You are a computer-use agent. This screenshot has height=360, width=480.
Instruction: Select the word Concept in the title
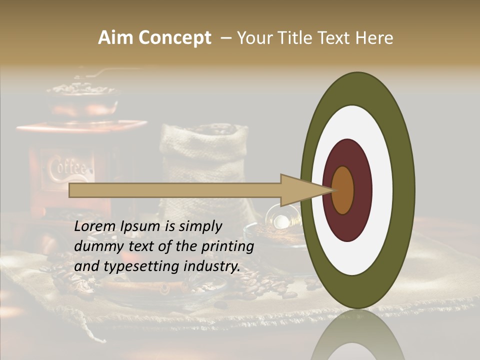[174, 38]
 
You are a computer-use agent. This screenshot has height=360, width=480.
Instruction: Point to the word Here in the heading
[374, 38]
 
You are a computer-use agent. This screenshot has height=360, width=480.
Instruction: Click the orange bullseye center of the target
[343, 190]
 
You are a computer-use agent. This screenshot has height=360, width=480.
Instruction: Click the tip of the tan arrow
[334, 190]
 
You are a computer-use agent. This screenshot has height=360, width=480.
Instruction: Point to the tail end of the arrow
[70, 190]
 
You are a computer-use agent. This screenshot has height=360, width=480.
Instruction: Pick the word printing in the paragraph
[227, 246]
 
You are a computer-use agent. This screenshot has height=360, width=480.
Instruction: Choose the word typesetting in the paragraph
[134, 266]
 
